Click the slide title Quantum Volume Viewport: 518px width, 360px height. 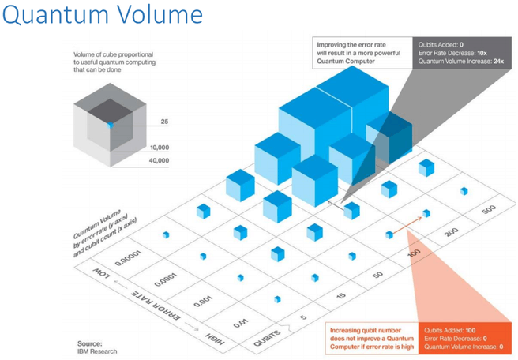[102, 16]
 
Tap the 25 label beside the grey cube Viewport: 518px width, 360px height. [164, 122]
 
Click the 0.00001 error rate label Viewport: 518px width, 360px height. [130, 251]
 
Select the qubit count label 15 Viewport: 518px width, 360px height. [340, 295]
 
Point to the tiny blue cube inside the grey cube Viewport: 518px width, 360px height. [111, 126]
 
